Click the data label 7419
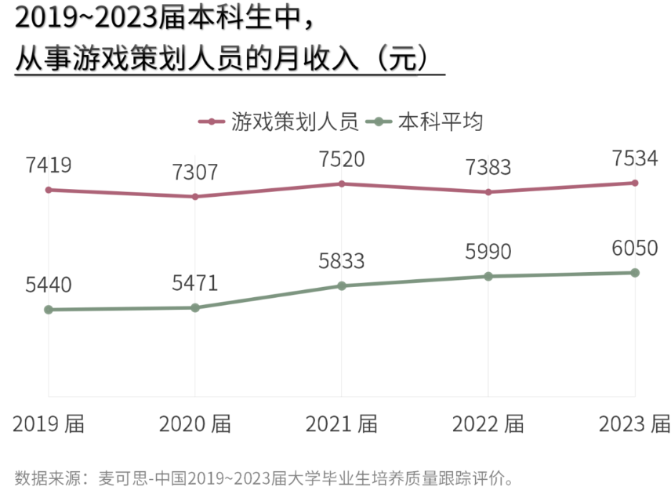click(49, 165)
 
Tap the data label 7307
click(195, 173)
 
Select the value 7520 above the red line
click(342, 160)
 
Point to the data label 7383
click(488, 167)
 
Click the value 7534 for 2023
click(635, 159)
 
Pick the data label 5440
click(49, 285)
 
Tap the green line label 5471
click(195, 283)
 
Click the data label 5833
click(342, 261)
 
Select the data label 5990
click(488, 252)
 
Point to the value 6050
click(635, 249)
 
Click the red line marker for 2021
click(342, 183)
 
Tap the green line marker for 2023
click(635, 273)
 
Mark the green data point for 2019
click(49, 310)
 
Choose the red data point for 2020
click(195, 197)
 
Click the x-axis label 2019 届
click(49, 424)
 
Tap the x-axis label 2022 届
click(488, 424)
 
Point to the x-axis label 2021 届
click(342, 424)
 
